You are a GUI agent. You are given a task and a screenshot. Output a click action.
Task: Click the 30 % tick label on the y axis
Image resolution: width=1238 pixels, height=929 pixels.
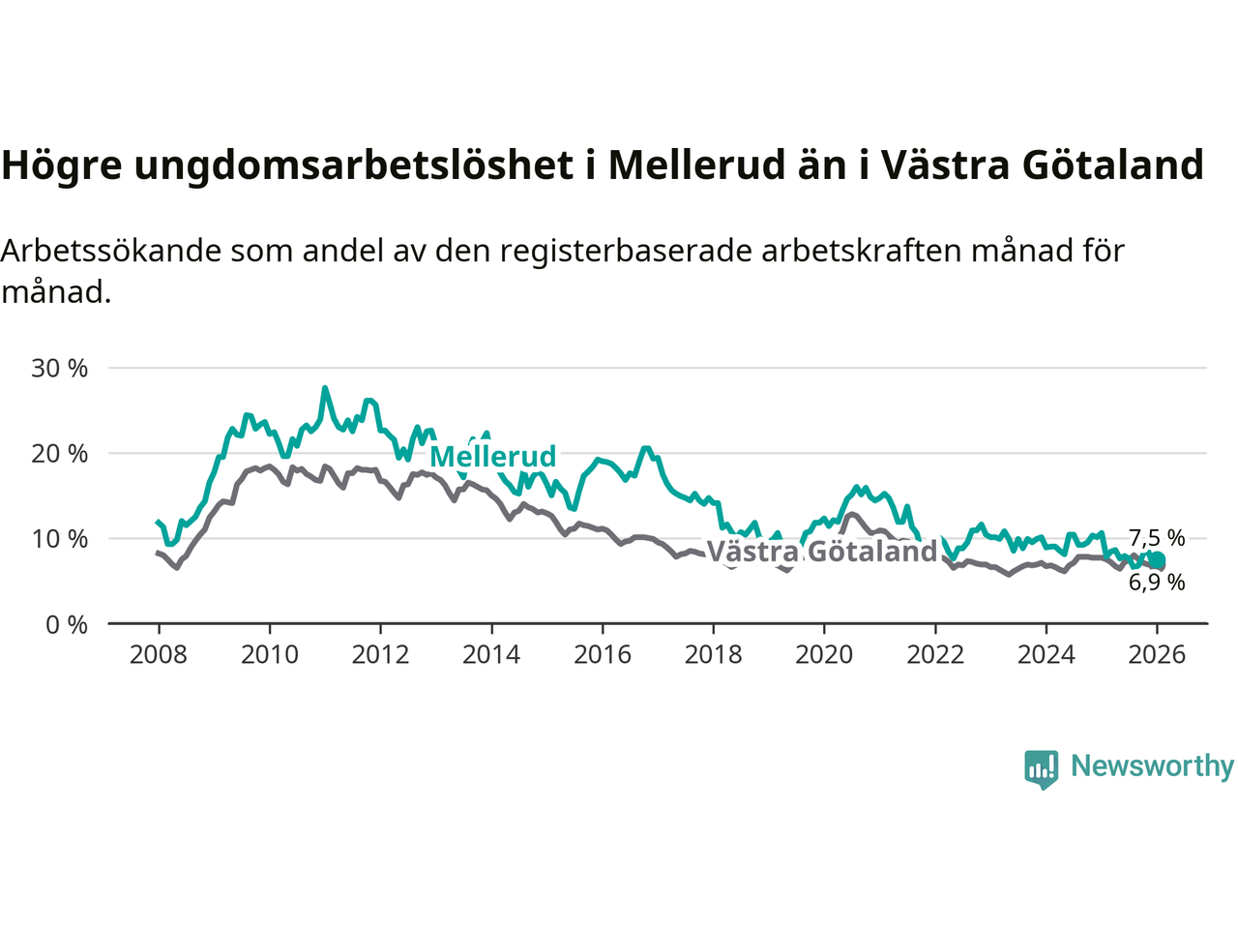click(59, 368)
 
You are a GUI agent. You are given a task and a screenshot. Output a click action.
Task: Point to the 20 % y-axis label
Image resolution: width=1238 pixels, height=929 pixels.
click(59, 453)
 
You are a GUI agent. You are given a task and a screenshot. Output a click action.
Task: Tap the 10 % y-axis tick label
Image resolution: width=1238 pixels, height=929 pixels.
click(59, 538)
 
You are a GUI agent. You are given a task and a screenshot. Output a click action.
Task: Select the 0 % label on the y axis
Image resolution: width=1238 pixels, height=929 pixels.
click(66, 624)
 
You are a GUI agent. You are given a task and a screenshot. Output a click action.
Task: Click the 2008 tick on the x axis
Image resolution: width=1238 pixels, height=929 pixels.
click(159, 655)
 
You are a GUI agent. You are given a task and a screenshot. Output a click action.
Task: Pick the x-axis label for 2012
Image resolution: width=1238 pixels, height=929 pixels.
click(380, 655)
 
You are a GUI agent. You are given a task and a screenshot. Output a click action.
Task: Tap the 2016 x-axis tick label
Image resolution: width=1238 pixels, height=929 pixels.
click(602, 655)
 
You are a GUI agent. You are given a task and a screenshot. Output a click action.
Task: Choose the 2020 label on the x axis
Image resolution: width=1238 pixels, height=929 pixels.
click(824, 655)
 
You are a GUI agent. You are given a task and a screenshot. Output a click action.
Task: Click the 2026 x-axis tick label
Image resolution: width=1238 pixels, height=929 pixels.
click(1157, 655)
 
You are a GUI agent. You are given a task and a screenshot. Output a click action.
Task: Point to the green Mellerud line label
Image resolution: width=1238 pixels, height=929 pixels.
click(493, 456)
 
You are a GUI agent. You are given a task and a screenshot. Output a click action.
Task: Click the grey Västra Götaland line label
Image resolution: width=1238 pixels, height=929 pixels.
click(822, 552)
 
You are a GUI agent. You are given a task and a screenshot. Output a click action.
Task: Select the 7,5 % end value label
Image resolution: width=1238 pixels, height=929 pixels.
click(1157, 538)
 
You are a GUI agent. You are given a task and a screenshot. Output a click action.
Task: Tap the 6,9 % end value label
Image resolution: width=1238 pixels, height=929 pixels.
click(1157, 583)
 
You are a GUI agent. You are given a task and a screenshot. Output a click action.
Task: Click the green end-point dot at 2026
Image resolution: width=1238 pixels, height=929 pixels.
click(1157, 560)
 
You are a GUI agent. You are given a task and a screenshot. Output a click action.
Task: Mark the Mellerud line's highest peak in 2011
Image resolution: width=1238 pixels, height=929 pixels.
click(325, 388)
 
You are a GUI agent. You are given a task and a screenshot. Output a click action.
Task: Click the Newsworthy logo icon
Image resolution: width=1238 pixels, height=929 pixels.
click(1042, 768)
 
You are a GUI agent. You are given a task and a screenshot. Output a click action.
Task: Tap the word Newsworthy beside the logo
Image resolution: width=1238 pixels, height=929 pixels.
click(1152, 765)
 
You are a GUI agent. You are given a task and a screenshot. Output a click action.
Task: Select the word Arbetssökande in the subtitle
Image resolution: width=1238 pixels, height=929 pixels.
click(113, 251)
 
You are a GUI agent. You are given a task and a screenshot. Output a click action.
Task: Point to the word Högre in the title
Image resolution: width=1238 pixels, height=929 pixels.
click(62, 165)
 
